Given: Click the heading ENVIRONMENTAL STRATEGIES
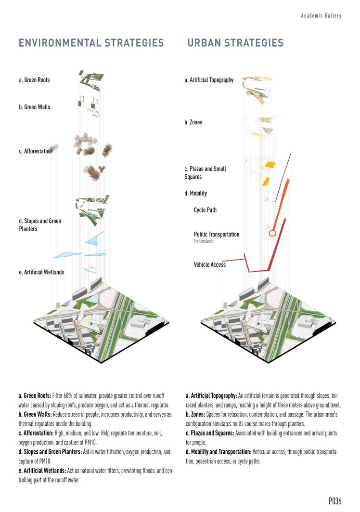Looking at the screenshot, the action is pyautogui.click(x=91, y=43).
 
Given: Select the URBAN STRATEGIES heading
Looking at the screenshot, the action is pyautogui.click(x=235, y=43).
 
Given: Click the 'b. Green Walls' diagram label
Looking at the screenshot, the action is pyautogui.click(x=34, y=107).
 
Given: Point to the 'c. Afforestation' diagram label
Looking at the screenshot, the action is pyautogui.click(x=35, y=151).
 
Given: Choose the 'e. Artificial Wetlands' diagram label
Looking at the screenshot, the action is pyautogui.click(x=41, y=272).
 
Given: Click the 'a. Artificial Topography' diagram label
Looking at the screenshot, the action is pyautogui.click(x=209, y=80).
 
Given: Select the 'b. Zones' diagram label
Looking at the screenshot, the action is pyautogui.click(x=193, y=122).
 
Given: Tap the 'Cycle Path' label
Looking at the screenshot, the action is pyautogui.click(x=206, y=210).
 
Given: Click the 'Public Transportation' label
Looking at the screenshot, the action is pyautogui.click(x=217, y=234).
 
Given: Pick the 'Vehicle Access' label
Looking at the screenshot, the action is pyautogui.click(x=210, y=264).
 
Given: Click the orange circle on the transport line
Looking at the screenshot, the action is pyautogui.click(x=272, y=233).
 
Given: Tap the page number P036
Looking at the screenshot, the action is pyautogui.click(x=335, y=501).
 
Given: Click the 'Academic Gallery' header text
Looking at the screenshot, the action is pyautogui.click(x=321, y=16).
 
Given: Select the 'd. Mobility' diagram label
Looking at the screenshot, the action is pyautogui.click(x=196, y=193).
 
